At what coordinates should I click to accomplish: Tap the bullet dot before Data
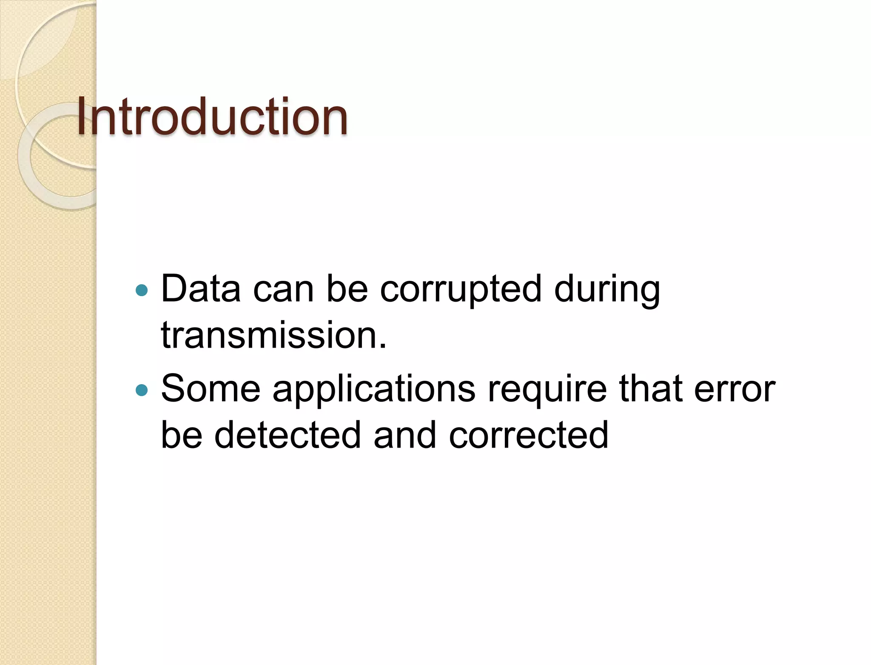pos(141,291)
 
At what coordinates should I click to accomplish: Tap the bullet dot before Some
pos(141,390)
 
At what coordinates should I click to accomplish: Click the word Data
pos(201,289)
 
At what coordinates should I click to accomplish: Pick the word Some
pos(211,389)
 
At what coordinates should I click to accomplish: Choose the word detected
pos(287,435)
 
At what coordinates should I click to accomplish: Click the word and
pos(405,435)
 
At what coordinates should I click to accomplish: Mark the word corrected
pos(529,435)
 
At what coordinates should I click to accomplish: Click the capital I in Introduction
pos(82,117)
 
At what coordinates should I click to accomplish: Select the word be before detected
pos(182,435)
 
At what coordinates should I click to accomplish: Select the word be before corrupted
pos(347,289)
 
